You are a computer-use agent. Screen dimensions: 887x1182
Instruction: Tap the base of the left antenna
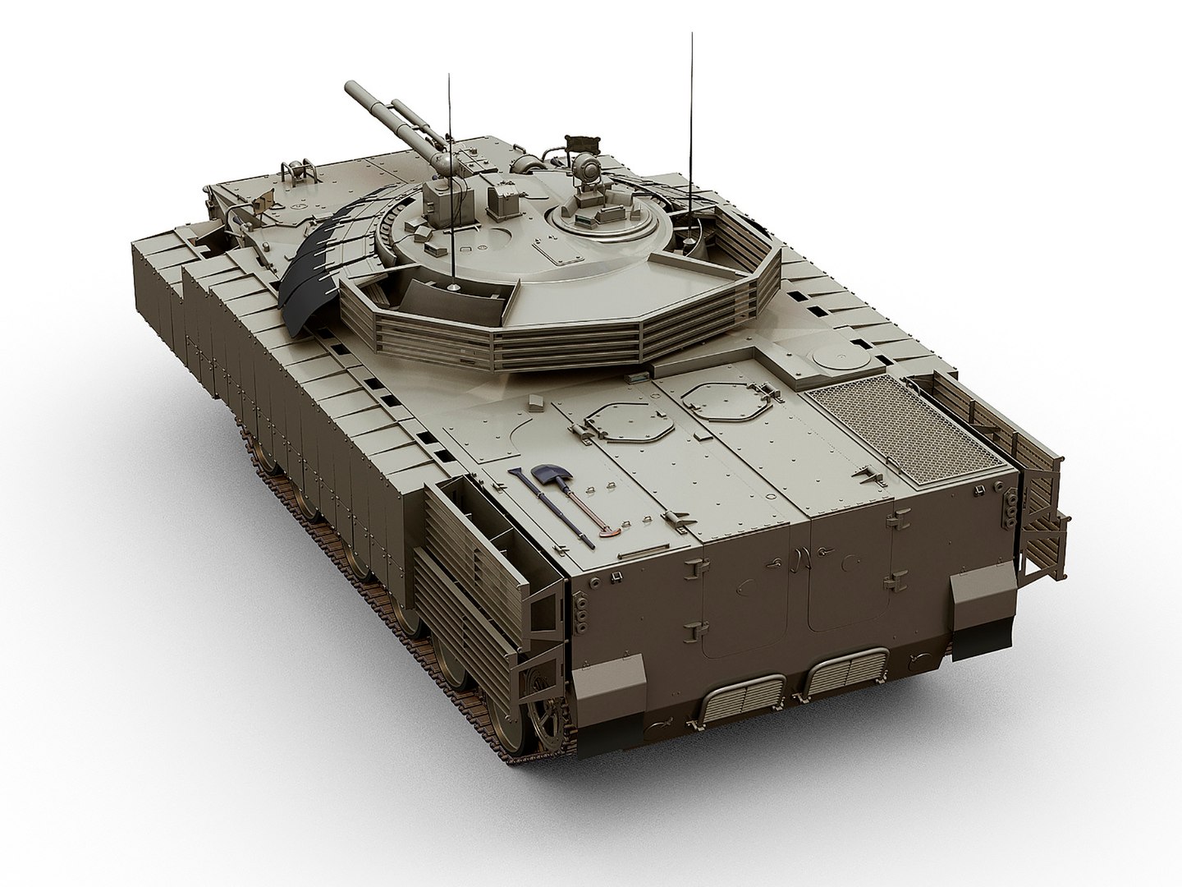[451, 284]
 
